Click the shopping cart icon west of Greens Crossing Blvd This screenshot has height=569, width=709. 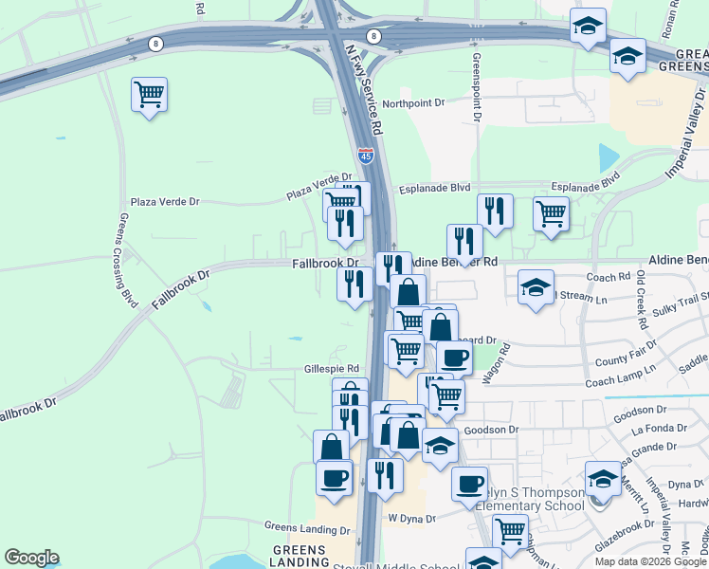pyautogui.click(x=150, y=95)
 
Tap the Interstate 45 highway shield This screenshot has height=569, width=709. pyautogui.click(x=366, y=154)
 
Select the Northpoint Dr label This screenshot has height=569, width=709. pyautogui.click(x=414, y=102)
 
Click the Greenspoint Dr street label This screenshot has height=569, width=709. pyautogui.click(x=476, y=86)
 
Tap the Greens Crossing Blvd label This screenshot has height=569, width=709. pyautogui.click(x=128, y=258)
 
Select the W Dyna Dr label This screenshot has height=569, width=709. pyautogui.click(x=410, y=519)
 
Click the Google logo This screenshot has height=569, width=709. pyautogui.click(x=31, y=558)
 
